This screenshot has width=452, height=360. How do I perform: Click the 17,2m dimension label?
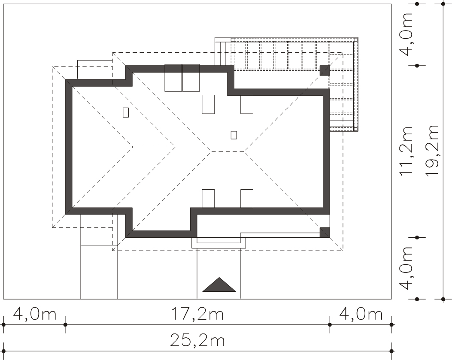[197, 314]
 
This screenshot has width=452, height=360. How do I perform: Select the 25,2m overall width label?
[197, 340]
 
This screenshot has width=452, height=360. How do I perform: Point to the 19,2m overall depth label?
[432, 151]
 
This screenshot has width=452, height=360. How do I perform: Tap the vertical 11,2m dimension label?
[406, 151]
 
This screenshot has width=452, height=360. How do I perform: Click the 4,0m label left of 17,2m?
[35, 314]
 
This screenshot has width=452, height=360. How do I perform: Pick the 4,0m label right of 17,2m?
[361, 314]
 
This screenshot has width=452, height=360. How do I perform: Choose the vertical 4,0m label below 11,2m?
[406, 268]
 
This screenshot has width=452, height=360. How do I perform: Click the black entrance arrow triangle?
[219, 284]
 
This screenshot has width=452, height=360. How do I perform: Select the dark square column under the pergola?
[325, 70]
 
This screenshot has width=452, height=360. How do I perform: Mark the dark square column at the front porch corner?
[325, 232]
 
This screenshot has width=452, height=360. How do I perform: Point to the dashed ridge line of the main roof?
[228, 151]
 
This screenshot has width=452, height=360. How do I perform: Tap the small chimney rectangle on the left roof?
[126, 112]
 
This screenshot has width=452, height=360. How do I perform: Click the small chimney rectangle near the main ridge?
[234, 135]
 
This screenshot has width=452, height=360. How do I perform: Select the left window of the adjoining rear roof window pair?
[173, 78]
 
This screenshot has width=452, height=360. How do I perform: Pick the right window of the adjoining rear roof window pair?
[191, 78]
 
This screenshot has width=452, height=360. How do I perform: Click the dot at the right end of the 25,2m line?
[391, 351]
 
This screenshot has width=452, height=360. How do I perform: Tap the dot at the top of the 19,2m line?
[443, 4]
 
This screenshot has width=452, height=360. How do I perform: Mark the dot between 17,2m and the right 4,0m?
[330, 324]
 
